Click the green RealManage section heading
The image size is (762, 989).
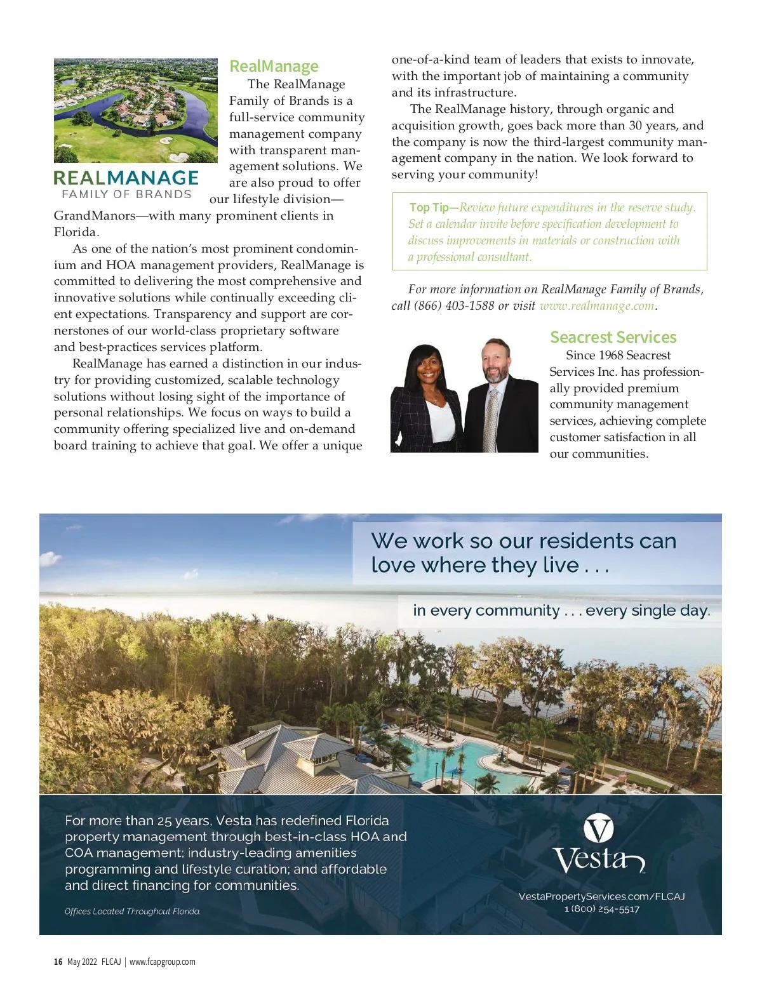pyautogui.click(x=274, y=66)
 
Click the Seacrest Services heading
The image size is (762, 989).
pyautogui.click(x=613, y=337)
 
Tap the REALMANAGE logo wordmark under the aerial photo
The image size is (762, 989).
pyautogui.click(x=126, y=178)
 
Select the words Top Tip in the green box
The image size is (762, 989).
pyautogui.click(x=429, y=208)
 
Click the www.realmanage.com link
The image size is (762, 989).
pyautogui.click(x=596, y=305)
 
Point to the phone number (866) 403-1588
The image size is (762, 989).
pyautogui.click(x=454, y=305)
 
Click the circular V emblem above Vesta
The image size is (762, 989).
pyautogui.click(x=598, y=829)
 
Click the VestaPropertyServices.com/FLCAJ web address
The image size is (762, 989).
pyautogui.click(x=601, y=896)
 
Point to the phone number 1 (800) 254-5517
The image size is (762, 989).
pyautogui.click(x=601, y=909)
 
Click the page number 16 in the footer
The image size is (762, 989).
pyautogui.click(x=58, y=962)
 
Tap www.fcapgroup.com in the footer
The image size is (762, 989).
pyautogui.click(x=163, y=962)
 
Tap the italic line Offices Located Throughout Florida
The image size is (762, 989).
pyautogui.click(x=133, y=912)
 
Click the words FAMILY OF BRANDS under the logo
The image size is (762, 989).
pyautogui.click(x=126, y=194)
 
